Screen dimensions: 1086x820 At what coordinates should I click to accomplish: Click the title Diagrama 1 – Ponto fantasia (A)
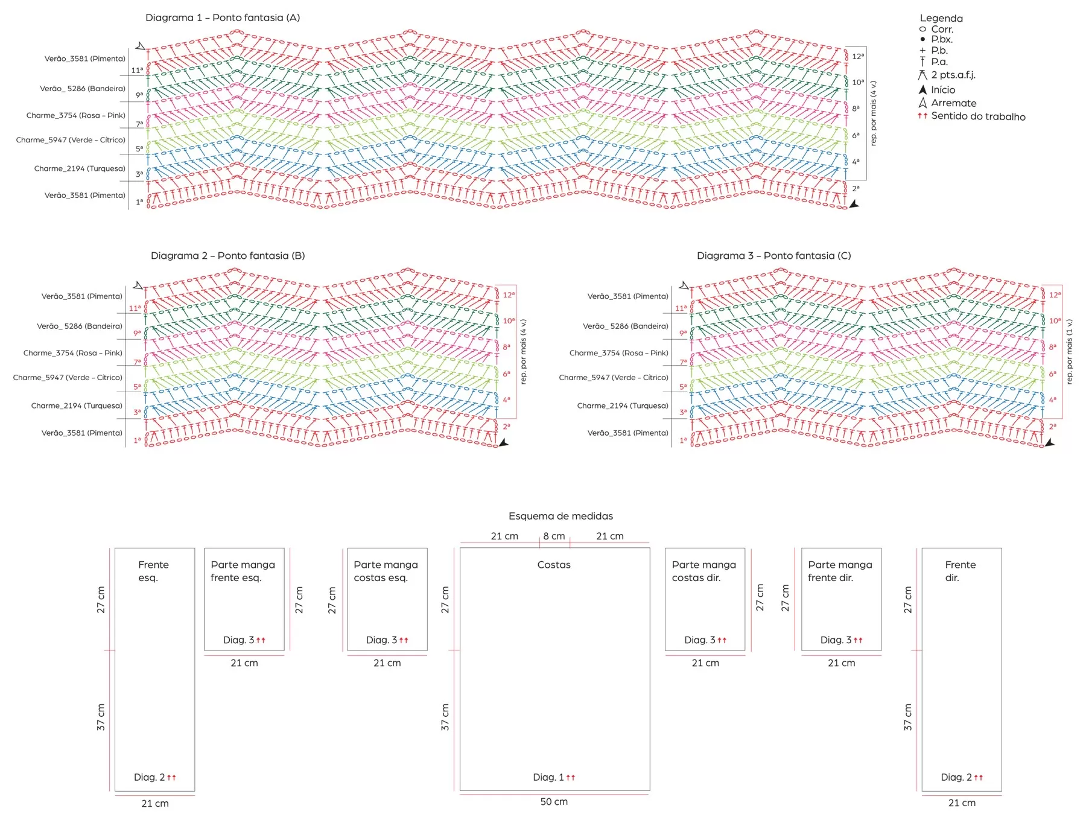pos(223,17)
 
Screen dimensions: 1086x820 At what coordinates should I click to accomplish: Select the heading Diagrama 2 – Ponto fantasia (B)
pos(228,255)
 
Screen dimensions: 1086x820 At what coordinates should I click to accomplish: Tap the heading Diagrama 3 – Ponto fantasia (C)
pos(774,255)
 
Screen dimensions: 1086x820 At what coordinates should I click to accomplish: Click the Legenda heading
pos(941,18)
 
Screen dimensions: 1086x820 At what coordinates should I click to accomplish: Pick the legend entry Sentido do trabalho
pos(978,116)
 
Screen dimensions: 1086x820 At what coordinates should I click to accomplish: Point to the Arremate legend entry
pos(953,103)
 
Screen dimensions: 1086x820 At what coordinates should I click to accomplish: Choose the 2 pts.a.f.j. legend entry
pos(953,75)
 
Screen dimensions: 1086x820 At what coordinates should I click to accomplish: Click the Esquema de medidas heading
pos(560,516)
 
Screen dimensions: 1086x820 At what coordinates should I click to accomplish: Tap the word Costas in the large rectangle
pos(554,565)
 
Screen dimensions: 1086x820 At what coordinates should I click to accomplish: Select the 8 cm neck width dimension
pos(554,536)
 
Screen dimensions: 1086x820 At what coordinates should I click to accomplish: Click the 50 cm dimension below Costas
pos(554,801)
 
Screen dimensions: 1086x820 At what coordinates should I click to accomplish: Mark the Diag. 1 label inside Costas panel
pos(548,777)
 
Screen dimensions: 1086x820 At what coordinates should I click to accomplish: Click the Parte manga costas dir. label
pos(704,571)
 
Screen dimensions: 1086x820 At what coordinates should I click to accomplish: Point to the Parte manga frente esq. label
pos(243,571)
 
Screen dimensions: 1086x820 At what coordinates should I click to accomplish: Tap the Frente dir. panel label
pos(960,571)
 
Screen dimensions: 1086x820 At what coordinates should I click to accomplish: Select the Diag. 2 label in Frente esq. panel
pos(149,777)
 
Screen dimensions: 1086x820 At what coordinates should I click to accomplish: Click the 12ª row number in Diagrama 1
pos(858,56)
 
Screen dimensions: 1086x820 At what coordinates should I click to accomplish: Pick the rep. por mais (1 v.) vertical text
pos(1069,352)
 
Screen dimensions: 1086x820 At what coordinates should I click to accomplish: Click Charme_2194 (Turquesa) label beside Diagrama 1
pos(80,168)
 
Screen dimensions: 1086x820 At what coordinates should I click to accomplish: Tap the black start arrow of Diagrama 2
pos(504,443)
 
